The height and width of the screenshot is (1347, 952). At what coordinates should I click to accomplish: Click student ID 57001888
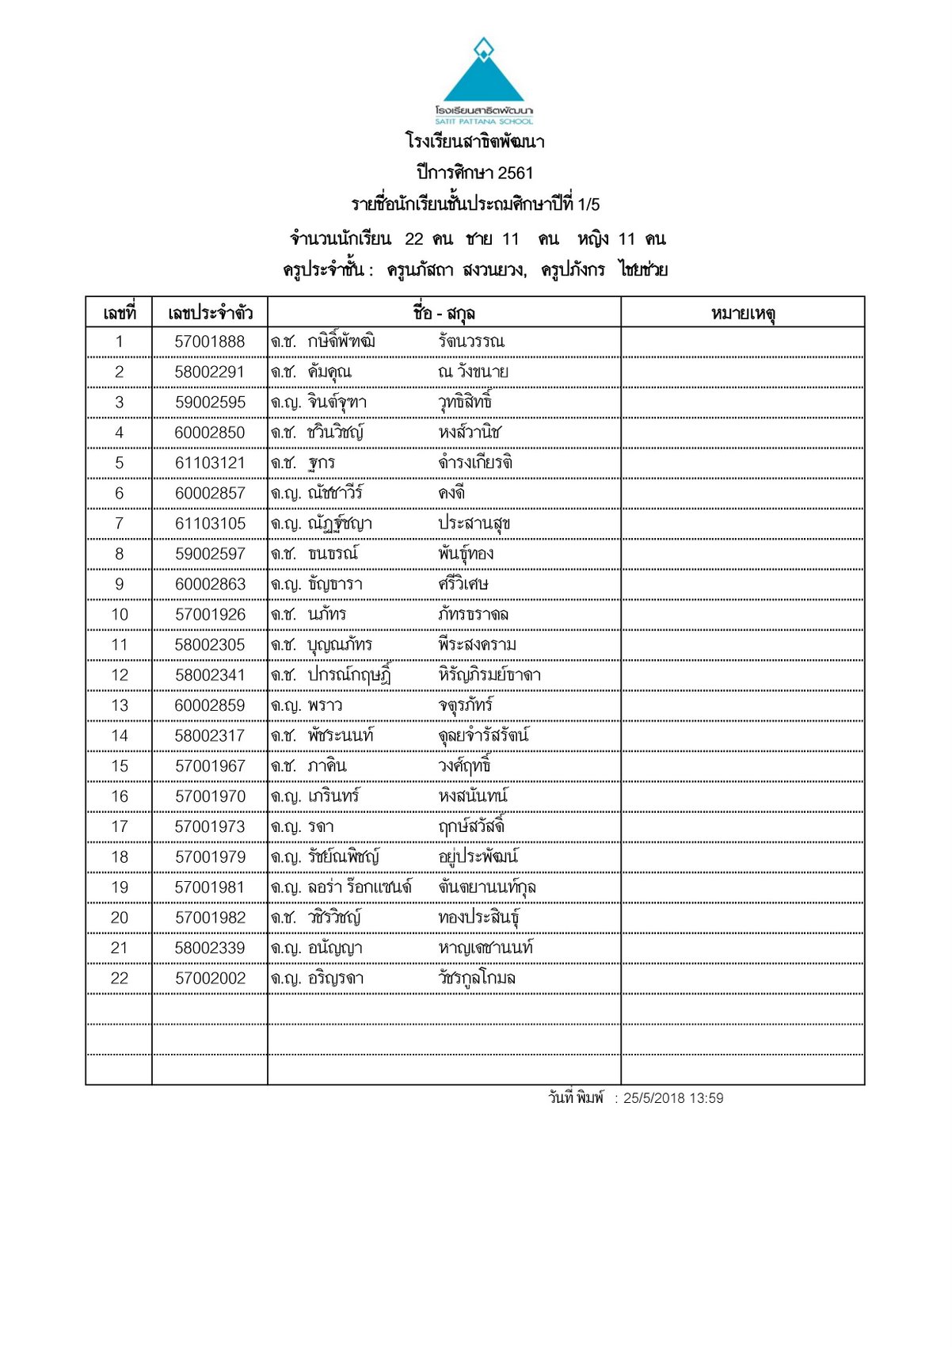[x=210, y=342]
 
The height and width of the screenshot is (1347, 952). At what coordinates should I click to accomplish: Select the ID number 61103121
[x=210, y=463]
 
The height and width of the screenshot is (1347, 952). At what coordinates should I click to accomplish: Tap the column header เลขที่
[x=119, y=313]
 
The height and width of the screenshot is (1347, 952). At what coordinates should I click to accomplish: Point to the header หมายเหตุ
[x=742, y=313]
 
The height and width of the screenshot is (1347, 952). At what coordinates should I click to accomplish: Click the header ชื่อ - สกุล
[x=444, y=313]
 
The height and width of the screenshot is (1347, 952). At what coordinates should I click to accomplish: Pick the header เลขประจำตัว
[x=210, y=313]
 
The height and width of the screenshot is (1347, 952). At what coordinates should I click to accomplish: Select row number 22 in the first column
[x=119, y=979]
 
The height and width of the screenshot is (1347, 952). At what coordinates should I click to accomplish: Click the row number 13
[x=119, y=706]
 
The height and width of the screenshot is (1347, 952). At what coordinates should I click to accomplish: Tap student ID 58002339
[x=210, y=948]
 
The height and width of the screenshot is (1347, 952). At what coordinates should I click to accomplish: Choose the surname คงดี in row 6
[x=451, y=493]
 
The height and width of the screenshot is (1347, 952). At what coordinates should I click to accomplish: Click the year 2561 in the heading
[x=516, y=173]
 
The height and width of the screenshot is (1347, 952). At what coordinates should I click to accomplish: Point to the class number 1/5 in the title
[x=588, y=204]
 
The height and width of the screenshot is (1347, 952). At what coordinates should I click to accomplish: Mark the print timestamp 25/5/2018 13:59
[x=673, y=1098]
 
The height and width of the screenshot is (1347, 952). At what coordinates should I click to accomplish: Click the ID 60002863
[x=210, y=584]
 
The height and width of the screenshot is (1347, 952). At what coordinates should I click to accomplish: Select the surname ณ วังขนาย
[x=473, y=372]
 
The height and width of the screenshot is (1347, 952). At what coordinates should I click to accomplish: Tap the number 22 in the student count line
[x=413, y=239]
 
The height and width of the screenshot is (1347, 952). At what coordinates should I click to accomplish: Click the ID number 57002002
[x=210, y=979]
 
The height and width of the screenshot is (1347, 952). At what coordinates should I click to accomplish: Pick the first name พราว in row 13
[x=326, y=706]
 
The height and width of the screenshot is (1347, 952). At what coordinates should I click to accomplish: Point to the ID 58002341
[x=210, y=675]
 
